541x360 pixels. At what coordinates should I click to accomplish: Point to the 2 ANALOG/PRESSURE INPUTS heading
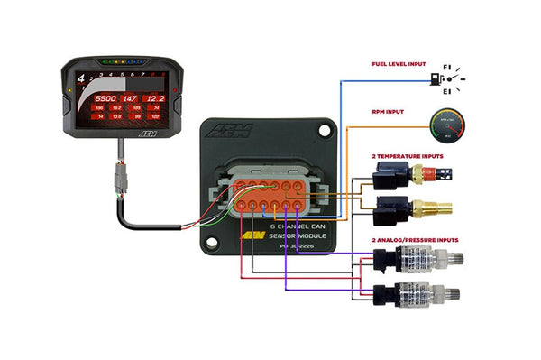coord(416,240)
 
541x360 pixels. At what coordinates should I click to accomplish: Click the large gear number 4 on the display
coord(81,78)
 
